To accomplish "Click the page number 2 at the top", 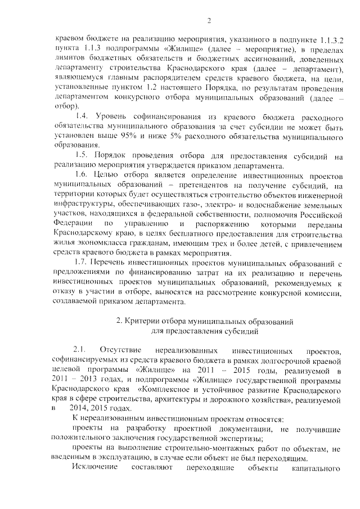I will pos(208,21).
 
